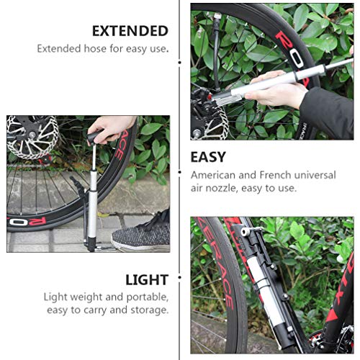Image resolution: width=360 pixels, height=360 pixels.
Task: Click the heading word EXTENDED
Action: pos(130,31)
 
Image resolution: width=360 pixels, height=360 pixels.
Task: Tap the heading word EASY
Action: pos(207,156)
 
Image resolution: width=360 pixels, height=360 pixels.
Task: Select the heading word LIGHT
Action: pos(147,279)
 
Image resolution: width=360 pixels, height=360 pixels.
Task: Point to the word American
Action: pos(217,175)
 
